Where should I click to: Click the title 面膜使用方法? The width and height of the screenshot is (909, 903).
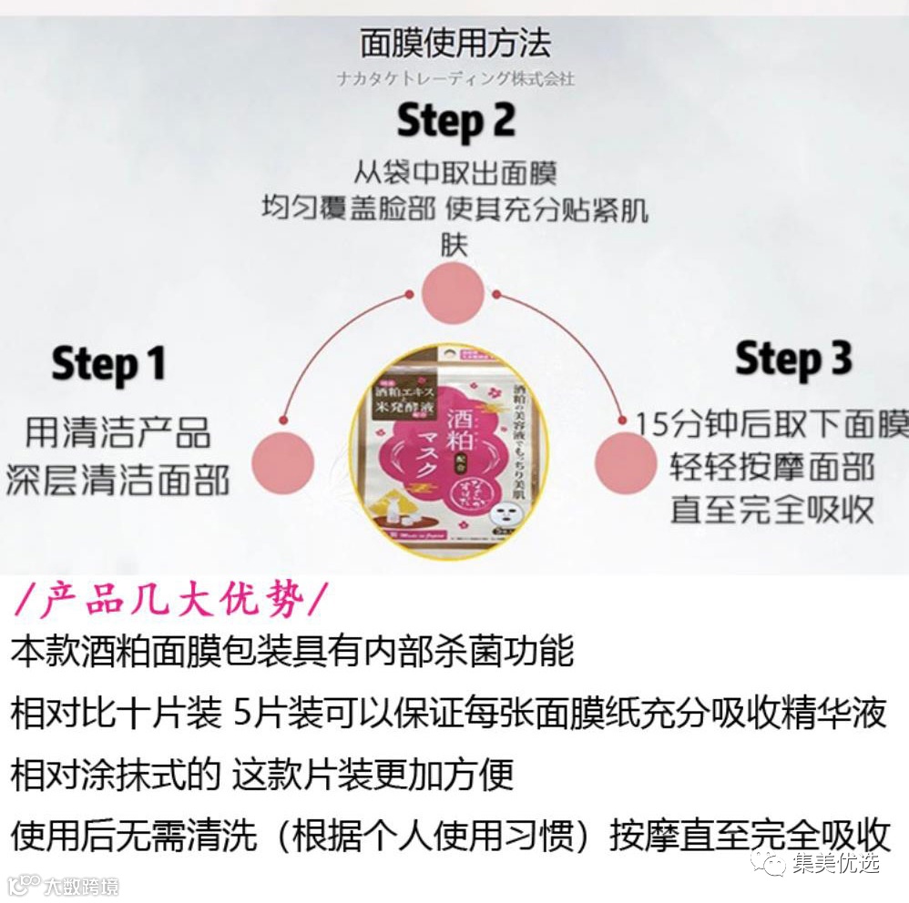[454, 43]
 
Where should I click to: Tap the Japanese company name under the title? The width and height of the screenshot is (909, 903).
[454, 79]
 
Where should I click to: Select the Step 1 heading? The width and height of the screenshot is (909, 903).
[108, 364]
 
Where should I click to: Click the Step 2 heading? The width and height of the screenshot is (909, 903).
[455, 121]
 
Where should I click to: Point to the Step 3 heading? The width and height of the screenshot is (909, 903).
[793, 359]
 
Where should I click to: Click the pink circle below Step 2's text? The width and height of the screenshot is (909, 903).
[453, 291]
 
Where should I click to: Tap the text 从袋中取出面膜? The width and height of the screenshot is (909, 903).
[454, 172]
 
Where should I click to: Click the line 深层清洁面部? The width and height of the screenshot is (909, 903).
[117, 481]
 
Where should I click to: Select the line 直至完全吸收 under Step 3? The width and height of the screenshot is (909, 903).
[772, 509]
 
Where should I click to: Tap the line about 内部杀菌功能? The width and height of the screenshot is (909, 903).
[292, 652]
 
